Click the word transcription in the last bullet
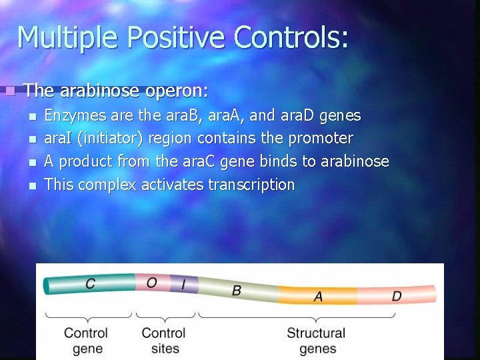pos(251,185)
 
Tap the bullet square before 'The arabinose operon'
pos(9,90)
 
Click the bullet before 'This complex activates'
pos(32,185)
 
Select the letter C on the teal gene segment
pos(90,284)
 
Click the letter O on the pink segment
pos(151,283)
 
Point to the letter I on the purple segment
pos(184,285)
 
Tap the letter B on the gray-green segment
pos(237,291)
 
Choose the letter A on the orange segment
pos(318,296)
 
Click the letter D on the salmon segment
pos(396,295)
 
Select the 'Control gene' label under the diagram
pos(87,340)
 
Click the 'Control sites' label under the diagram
pos(164,340)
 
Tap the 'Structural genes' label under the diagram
pos(316,340)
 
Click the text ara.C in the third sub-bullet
pos(195,162)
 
